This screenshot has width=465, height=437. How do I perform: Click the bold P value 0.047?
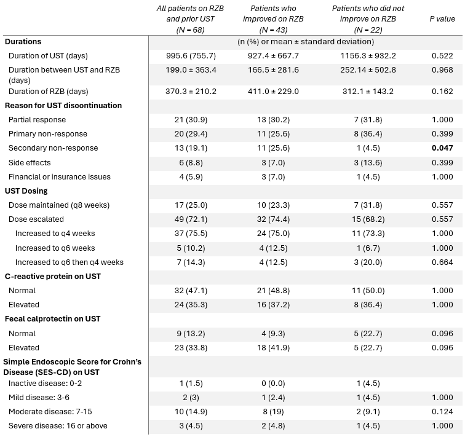pos(442,148)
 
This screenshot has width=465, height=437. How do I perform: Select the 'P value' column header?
pos(442,19)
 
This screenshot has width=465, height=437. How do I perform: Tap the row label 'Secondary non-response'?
pos(53,148)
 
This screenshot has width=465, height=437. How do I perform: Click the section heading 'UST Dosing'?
pos(26,191)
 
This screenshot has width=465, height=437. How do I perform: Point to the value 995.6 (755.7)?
pos(191,56)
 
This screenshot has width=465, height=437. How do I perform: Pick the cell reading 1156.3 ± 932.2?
pos(368,56)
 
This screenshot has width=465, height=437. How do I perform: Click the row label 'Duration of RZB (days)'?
pos(49,91)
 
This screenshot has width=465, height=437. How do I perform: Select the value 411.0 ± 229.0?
pos(273,91)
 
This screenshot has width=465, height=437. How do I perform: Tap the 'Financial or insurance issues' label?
pos(59,177)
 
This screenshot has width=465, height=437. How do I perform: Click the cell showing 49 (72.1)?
pos(191,219)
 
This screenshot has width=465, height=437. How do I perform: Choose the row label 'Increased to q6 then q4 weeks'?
pos(69,262)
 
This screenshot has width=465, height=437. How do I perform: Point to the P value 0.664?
pos(442,262)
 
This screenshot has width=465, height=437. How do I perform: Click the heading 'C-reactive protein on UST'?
pos(53,277)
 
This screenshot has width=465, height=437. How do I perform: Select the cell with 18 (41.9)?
pos(273,347)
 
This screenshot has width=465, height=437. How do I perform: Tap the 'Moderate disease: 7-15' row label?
pos(50,412)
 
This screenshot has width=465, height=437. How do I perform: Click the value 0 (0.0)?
pos(273,384)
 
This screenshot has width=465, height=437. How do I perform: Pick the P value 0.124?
pos(442,412)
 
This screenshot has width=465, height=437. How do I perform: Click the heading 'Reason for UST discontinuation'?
pos(63,106)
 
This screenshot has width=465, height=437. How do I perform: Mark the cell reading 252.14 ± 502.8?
pos(368,70)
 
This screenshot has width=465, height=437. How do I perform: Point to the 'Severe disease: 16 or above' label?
pos(58,426)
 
